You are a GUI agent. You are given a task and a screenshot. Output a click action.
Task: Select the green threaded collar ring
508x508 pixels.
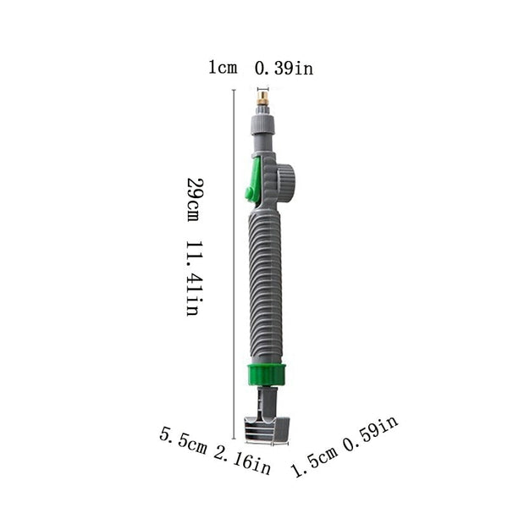267,374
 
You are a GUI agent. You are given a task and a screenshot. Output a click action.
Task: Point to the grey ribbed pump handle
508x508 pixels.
265,284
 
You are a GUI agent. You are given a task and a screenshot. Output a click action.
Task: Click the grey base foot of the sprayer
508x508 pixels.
267,429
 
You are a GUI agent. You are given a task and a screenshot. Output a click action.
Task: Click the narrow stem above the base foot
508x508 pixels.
267,401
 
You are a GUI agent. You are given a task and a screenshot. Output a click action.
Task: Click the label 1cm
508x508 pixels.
223,69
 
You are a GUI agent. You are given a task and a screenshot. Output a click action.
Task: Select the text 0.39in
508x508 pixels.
284,69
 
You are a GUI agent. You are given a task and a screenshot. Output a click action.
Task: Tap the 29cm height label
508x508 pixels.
193,200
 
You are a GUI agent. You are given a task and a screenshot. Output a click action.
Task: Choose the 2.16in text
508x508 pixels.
242,461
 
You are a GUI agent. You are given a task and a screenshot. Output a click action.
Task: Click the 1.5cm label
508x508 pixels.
315,461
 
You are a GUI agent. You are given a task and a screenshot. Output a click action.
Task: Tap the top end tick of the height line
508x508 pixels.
234,90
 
